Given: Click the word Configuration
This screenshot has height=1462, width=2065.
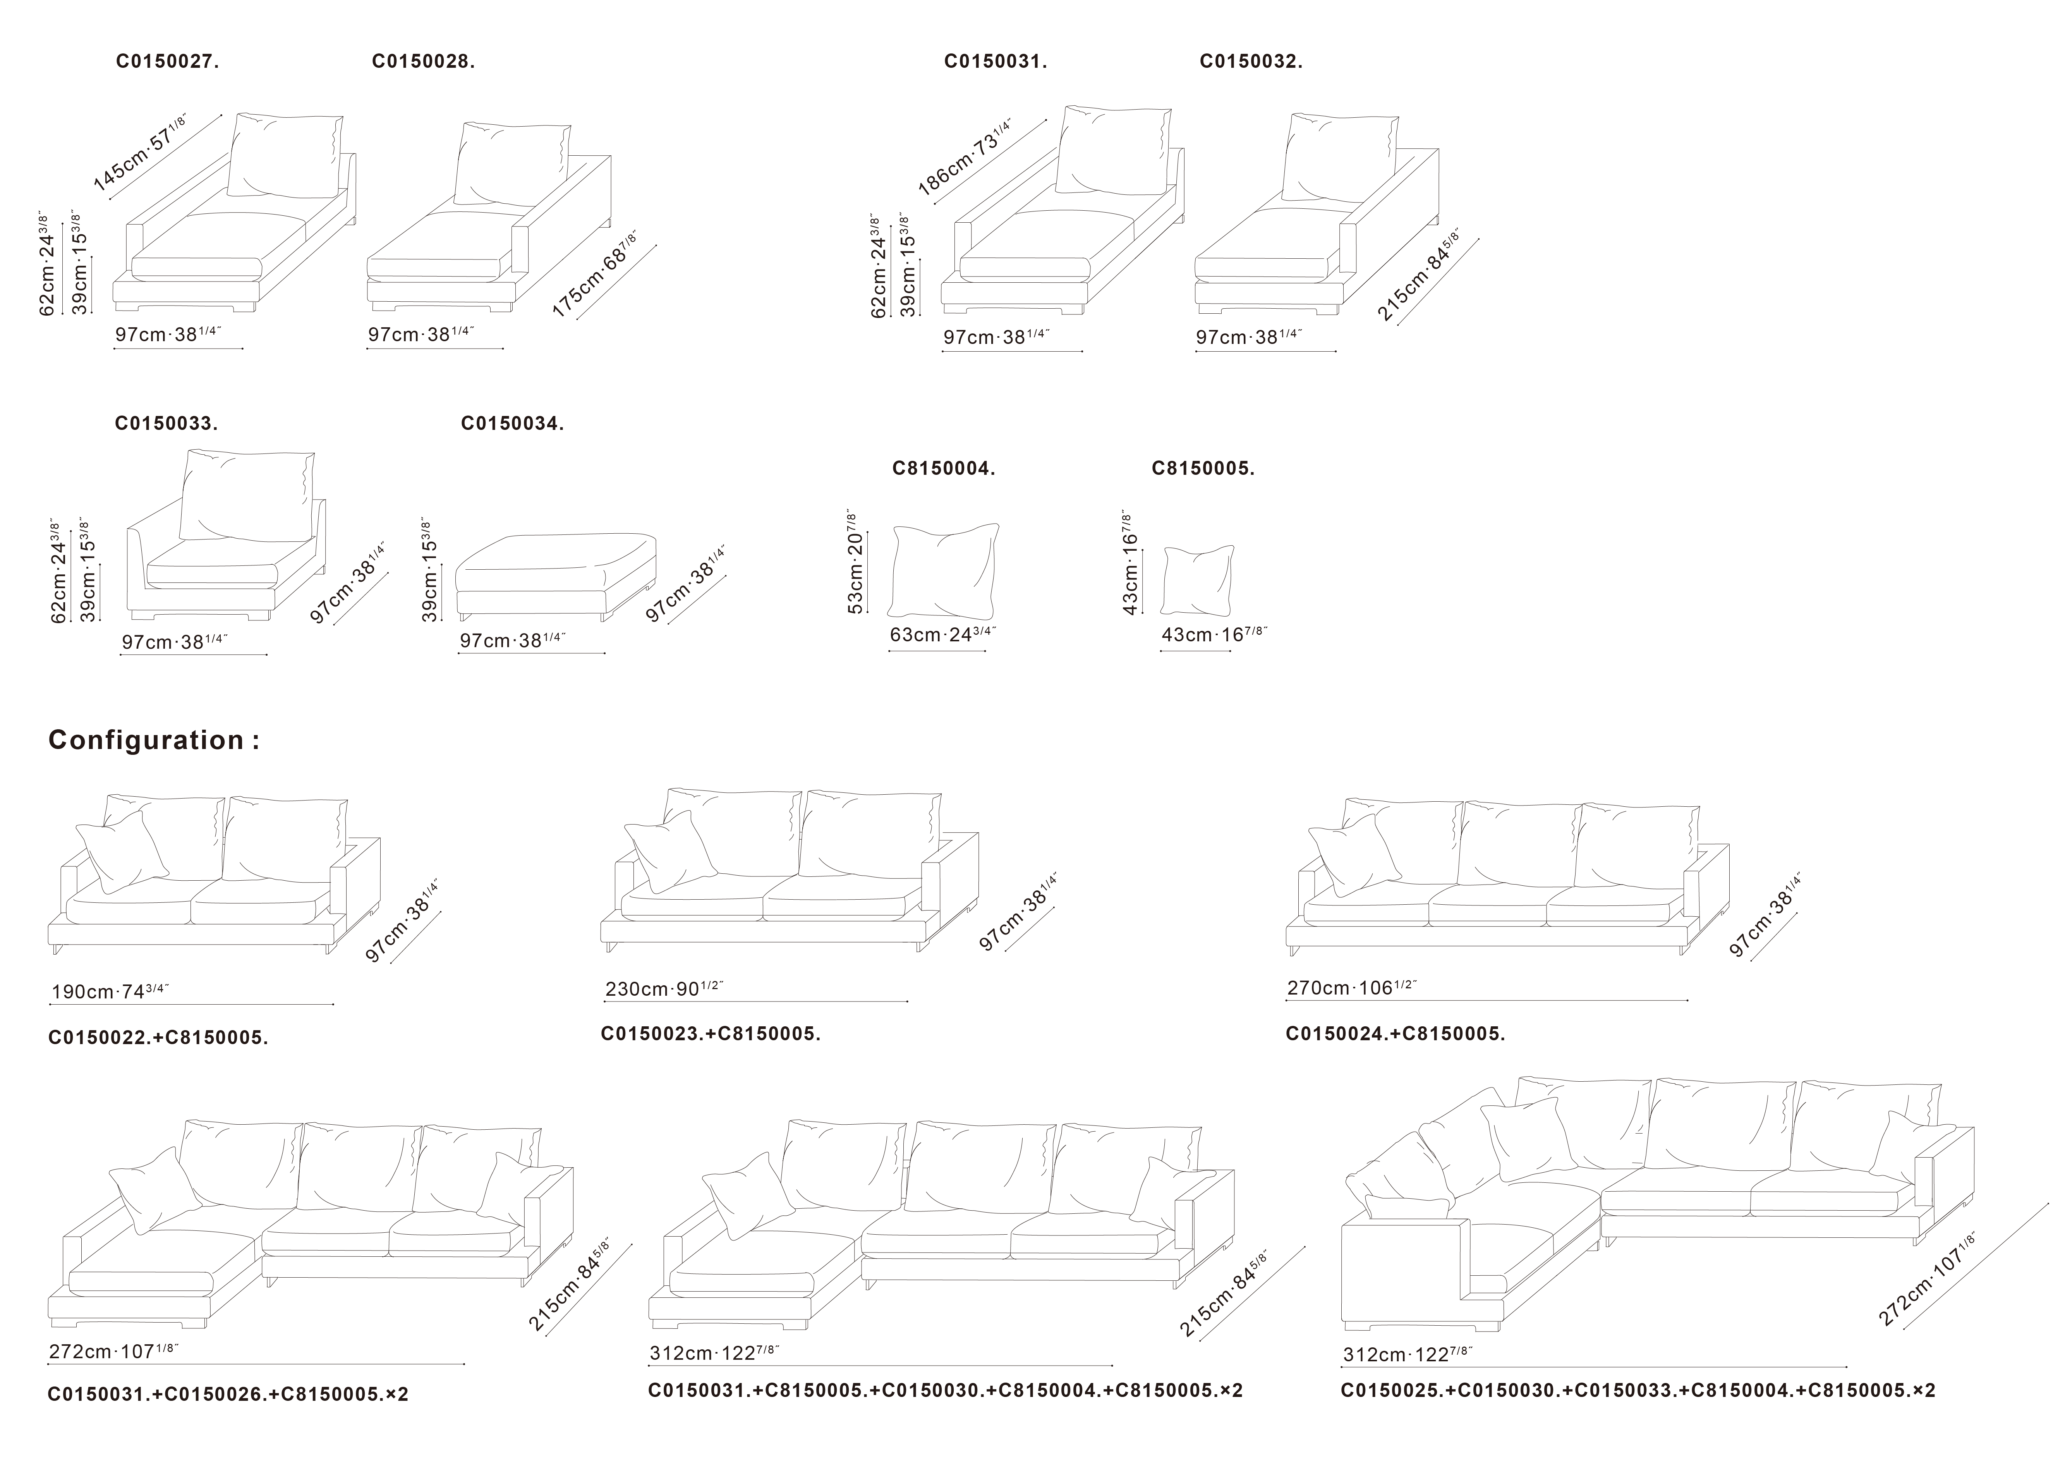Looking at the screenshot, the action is tap(146, 740).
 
